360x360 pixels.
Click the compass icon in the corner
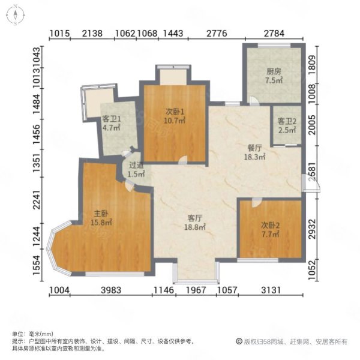pos(15,14)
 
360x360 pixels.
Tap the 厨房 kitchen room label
pos(274,71)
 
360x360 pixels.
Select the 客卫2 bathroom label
pos(287,121)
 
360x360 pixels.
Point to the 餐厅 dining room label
pos(254,148)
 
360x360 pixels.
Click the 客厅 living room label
pos(194,218)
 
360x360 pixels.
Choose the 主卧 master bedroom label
pos(101,214)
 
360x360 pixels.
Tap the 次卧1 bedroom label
pos(175,112)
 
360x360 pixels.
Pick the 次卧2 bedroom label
pos(270,226)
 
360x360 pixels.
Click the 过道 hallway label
pos(136,165)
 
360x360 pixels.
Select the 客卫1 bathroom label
pos(112,119)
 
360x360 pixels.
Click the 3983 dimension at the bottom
pos(111,290)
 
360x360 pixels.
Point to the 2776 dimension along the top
pos(217,34)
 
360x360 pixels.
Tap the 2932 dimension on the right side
pos(312,229)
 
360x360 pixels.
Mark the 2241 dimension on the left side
pos(37,200)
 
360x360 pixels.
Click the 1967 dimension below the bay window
pos(196,290)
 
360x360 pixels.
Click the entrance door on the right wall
pos(310,183)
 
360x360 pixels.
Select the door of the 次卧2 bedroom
pos(257,203)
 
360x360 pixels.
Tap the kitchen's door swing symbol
pos(254,101)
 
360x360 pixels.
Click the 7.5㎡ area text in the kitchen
pos(274,80)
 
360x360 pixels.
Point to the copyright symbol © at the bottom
pos(239,341)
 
